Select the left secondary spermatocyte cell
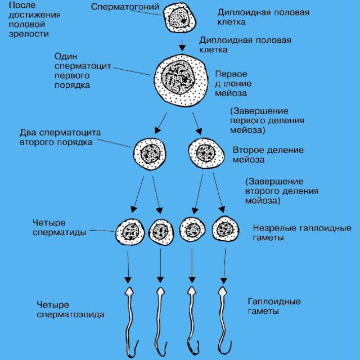coord(151,152)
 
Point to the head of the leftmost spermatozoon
coord(129,292)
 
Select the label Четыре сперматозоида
coord(70,309)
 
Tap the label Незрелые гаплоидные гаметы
coord(301,233)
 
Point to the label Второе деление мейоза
coord(268,155)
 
